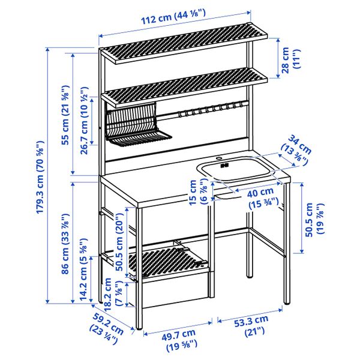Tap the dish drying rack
tap(131, 125)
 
